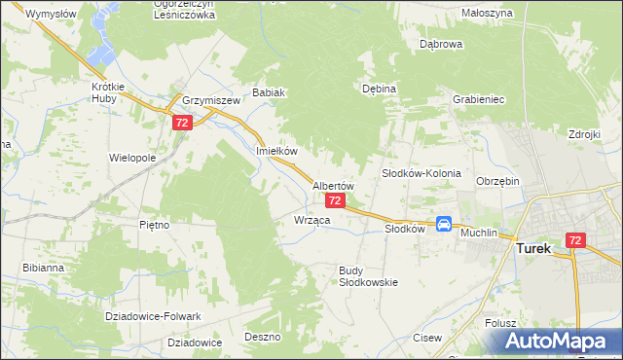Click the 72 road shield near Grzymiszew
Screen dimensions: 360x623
pyautogui.click(x=182, y=124)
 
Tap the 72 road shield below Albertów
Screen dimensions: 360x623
pyautogui.click(x=334, y=200)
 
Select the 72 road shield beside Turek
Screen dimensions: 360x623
pyautogui.click(x=575, y=240)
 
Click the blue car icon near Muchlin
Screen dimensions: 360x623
pyautogui.click(x=444, y=224)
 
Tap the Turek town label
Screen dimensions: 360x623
pyautogui.click(x=532, y=248)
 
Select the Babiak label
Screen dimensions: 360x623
pyautogui.click(x=269, y=93)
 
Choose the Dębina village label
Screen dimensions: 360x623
pyautogui.click(x=379, y=89)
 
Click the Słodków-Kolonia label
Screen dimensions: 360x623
pyautogui.click(x=421, y=172)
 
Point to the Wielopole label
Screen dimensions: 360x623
pyautogui.click(x=132, y=157)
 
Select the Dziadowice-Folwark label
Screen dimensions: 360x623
pyautogui.click(x=153, y=316)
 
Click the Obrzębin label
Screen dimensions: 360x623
pyautogui.click(x=498, y=181)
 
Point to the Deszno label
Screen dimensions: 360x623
pyautogui.click(x=263, y=337)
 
